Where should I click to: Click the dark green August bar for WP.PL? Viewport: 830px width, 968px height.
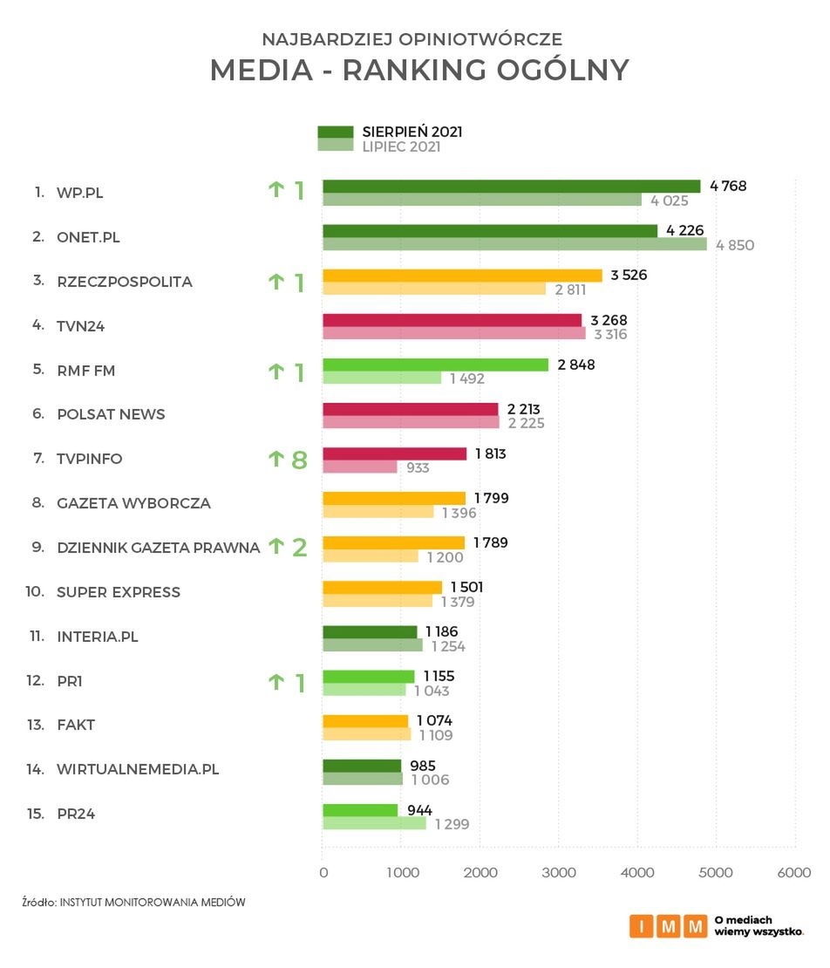[x=511, y=186]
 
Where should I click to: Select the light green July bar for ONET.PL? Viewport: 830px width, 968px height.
[x=514, y=245]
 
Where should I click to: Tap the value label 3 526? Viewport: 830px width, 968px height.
[x=629, y=276]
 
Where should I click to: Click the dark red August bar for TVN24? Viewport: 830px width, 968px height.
[x=452, y=320]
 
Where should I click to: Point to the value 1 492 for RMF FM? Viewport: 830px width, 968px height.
[x=467, y=378]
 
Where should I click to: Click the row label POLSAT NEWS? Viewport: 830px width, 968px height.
[x=111, y=414]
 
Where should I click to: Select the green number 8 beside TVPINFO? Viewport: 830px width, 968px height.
[x=299, y=460]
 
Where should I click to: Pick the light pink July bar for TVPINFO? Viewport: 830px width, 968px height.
[x=359, y=467]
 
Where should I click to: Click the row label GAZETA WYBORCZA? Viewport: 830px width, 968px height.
[x=133, y=503]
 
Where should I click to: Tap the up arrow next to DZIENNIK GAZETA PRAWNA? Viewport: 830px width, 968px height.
[x=276, y=547]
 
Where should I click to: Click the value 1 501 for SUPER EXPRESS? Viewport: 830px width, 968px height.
[x=466, y=587]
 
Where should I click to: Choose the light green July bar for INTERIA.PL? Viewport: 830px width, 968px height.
[x=372, y=645]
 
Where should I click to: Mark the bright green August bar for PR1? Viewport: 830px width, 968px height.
[x=368, y=676]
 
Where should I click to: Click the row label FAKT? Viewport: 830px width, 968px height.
[x=76, y=725]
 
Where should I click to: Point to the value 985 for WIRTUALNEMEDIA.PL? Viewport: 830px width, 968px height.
[x=423, y=766]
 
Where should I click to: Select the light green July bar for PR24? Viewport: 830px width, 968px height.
[x=374, y=823]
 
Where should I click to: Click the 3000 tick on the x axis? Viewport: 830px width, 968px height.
[x=559, y=872]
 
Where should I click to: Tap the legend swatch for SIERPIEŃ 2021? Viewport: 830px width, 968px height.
[x=335, y=132]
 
